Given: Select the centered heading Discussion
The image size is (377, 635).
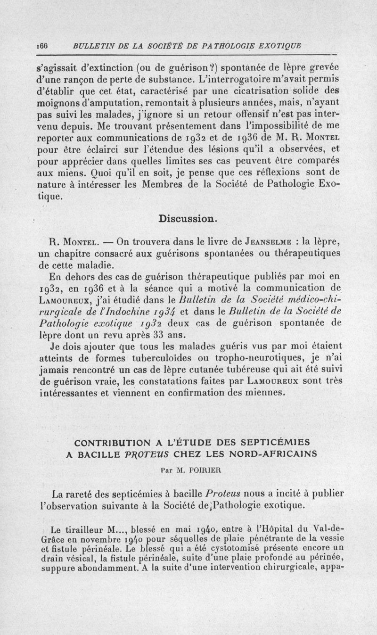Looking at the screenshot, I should pos(188,219).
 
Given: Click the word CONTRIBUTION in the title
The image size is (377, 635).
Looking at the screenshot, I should pos(112,443).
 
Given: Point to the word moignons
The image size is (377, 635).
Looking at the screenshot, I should pos(58,101).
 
